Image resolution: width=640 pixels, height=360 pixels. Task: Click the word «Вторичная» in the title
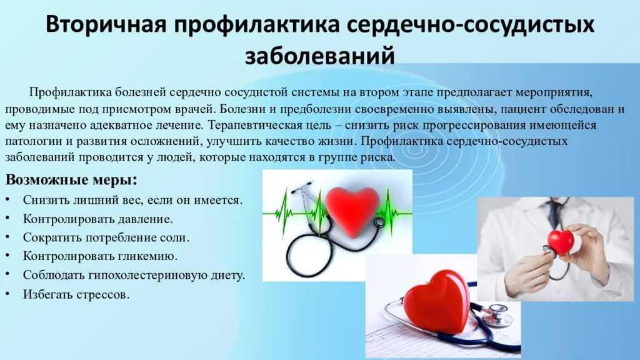pyautogui.click(x=105, y=24)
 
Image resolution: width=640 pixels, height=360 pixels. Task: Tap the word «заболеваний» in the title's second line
pyautogui.click(x=319, y=56)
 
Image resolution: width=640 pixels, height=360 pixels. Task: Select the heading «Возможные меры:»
pyautogui.click(x=71, y=179)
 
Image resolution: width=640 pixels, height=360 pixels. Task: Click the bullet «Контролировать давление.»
pyautogui.click(x=98, y=219)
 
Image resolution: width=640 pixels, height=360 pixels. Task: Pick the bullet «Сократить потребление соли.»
pyautogui.click(x=106, y=237)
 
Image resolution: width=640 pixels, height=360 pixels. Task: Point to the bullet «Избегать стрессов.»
pyautogui.click(x=76, y=294)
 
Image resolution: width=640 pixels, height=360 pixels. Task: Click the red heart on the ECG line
pyautogui.click(x=352, y=210)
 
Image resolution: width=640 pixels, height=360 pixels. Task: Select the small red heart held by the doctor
pyautogui.click(x=561, y=242)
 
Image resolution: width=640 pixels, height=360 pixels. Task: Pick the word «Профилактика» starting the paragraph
pyautogui.click(x=70, y=92)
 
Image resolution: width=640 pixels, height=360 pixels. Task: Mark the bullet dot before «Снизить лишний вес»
pyautogui.click(x=7, y=199)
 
